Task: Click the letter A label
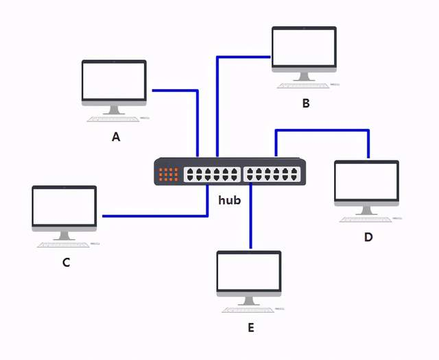pyautogui.click(x=116, y=136)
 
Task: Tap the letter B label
pyautogui.click(x=306, y=104)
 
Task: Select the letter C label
pyautogui.click(x=66, y=262)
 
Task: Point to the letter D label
pyautogui.click(x=368, y=237)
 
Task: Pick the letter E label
pyautogui.click(x=250, y=328)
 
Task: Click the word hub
pyautogui.click(x=230, y=200)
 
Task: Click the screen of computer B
pyautogui.click(x=304, y=47)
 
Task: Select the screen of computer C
pyautogui.click(x=64, y=206)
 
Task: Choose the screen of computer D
pyautogui.click(x=366, y=180)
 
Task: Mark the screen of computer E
pyautogui.click(x=249, y=271)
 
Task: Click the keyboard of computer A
pyautogui.click(x=112, y=119)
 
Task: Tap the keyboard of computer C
pyautogui.click(x=62, y=244)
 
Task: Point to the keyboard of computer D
pyautogui.click(x=365, y=219)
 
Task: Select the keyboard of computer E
pyautogui.click(x=247, y=310)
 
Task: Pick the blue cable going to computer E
pyautogui.click(x=250, y=219)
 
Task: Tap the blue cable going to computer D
pyautogui.click(x=322, y=130)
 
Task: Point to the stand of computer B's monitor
pyautogui.click(x=304, y=77)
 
